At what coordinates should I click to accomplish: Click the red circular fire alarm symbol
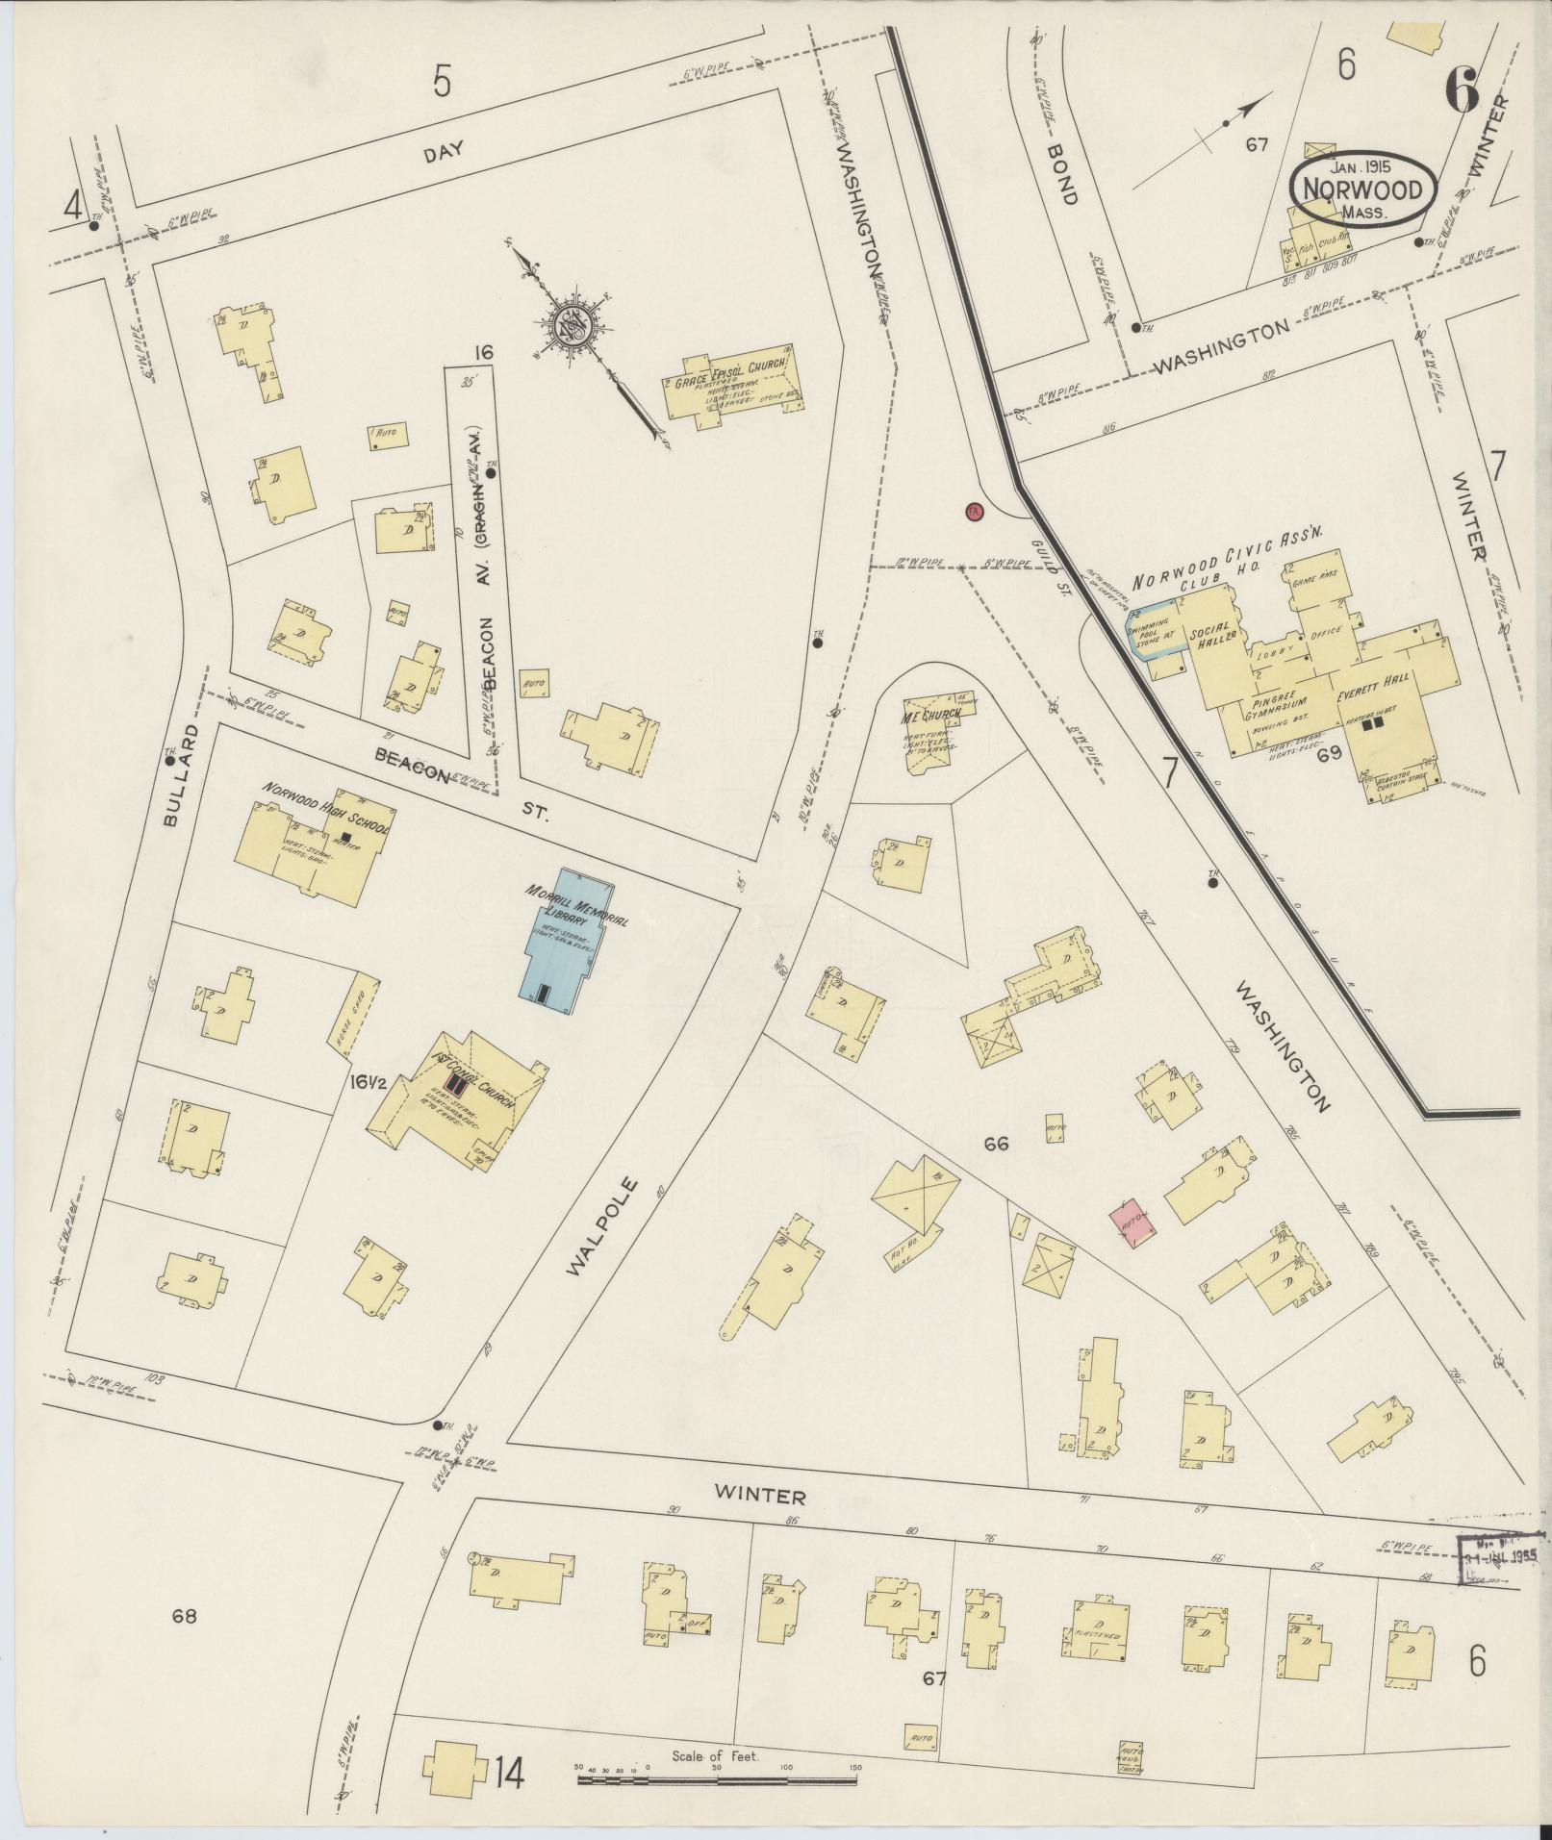[x=973, y=512]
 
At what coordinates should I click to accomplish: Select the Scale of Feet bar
[x=717, y=1779]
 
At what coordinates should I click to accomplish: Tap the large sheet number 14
[x=509, y=1771]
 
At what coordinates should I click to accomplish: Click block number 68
[x=184, y=1616]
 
